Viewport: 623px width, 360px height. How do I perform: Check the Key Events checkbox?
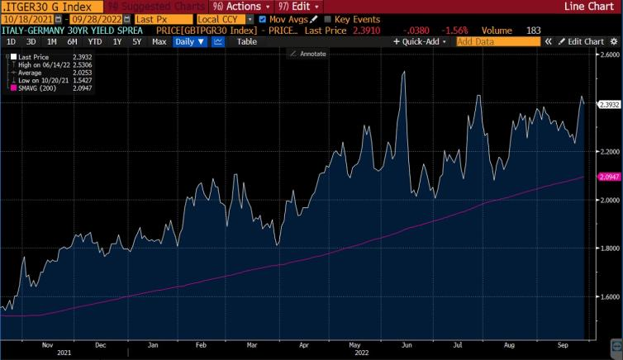(327, 18)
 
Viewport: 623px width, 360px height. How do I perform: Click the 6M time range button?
(73, 41)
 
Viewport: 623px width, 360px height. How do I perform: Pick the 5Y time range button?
(136, 41)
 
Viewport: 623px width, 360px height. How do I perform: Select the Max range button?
(159, 41)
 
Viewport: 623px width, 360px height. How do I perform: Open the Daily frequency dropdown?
(190, 41)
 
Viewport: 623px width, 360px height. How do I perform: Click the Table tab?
(246, 41)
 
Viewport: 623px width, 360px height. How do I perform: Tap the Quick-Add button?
(421, 41)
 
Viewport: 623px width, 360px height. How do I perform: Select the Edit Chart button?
(583, 41)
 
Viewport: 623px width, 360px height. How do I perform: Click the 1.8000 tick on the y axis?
(608, 249)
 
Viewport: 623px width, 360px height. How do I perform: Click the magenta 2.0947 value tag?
(608, 178)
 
